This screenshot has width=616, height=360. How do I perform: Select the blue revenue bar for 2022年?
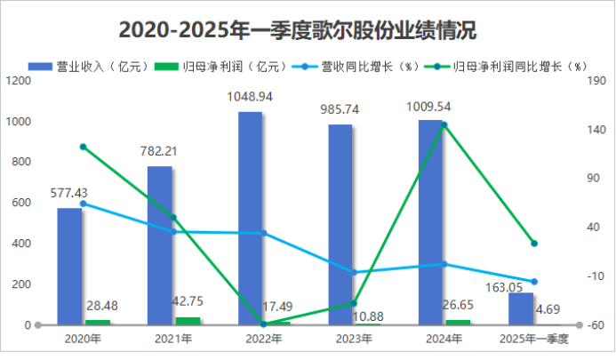tap(250, 218)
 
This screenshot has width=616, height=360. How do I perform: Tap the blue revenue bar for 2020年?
tap(69, 267)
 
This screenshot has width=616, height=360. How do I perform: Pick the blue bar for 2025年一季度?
tap(522, 308)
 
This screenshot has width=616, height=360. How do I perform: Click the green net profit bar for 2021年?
tap(188, 321)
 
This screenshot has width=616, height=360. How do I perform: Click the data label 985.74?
tap(340, 109)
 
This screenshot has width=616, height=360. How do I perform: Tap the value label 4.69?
tap(548, 309)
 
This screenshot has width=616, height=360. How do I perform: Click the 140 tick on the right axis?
tap(596, 130)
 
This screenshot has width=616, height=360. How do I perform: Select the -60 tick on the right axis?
tap(596, 325)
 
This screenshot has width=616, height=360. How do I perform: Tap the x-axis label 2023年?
tap(354, 339)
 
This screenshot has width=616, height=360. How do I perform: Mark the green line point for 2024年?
tap(444, 124)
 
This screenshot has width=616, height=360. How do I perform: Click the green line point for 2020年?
tap(83, 147)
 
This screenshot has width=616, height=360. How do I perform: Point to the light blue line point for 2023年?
tap(354, 272)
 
